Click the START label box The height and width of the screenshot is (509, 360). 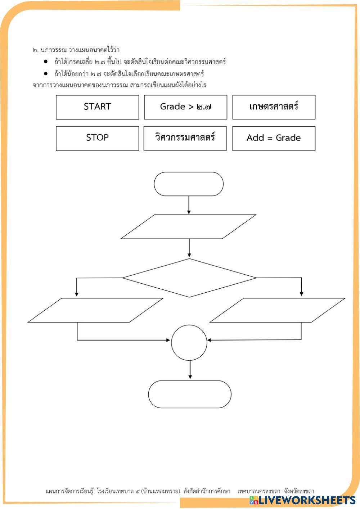pyautogui.click(x=97, y=107)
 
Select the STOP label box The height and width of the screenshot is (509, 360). pyautogui.click(x=97, y=138)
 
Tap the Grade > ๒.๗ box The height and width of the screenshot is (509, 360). pyautogui.click(x=185, y=107)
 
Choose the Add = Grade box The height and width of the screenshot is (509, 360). pyautogui.click(x=274, y=138)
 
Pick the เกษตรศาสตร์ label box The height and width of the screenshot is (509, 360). pyautogui.click(x=274, y=107)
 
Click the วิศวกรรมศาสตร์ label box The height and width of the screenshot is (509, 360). pyautogui.click(x=185, y=138)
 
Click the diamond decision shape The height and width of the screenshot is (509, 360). pyautogui.click(x=189, y=278)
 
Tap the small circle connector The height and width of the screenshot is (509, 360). pyautogui.click(x=189, y=342)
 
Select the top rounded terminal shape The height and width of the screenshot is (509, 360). pyautogui.click(x=189, y=184)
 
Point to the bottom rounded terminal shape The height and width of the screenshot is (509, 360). pyautogui.click(x=190, y=394)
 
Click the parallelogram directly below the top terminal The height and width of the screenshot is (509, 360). pyautogui.click(x=188, y=227)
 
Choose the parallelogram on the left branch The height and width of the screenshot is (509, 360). pyautogui.click(x=95, y=310)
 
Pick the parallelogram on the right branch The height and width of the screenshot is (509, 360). pyautogui.click(x=277, y=310)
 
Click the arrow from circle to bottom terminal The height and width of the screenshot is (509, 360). pyautogui.click(x=190, y=370)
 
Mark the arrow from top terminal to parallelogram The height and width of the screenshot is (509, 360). pyautogui.click(x=189, y=205)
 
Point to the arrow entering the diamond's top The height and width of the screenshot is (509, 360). pyautogui.click(x=189, y=248)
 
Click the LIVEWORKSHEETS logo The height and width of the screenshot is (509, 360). pyautogui.click(x=302, y=500)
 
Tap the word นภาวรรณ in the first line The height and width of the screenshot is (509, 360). pyautogui.click(x=54, y=50)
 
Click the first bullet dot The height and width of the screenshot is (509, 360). pyautogui.click(x=46, y=62)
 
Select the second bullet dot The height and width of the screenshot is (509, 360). pyautogui.click(x=46, y=74)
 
